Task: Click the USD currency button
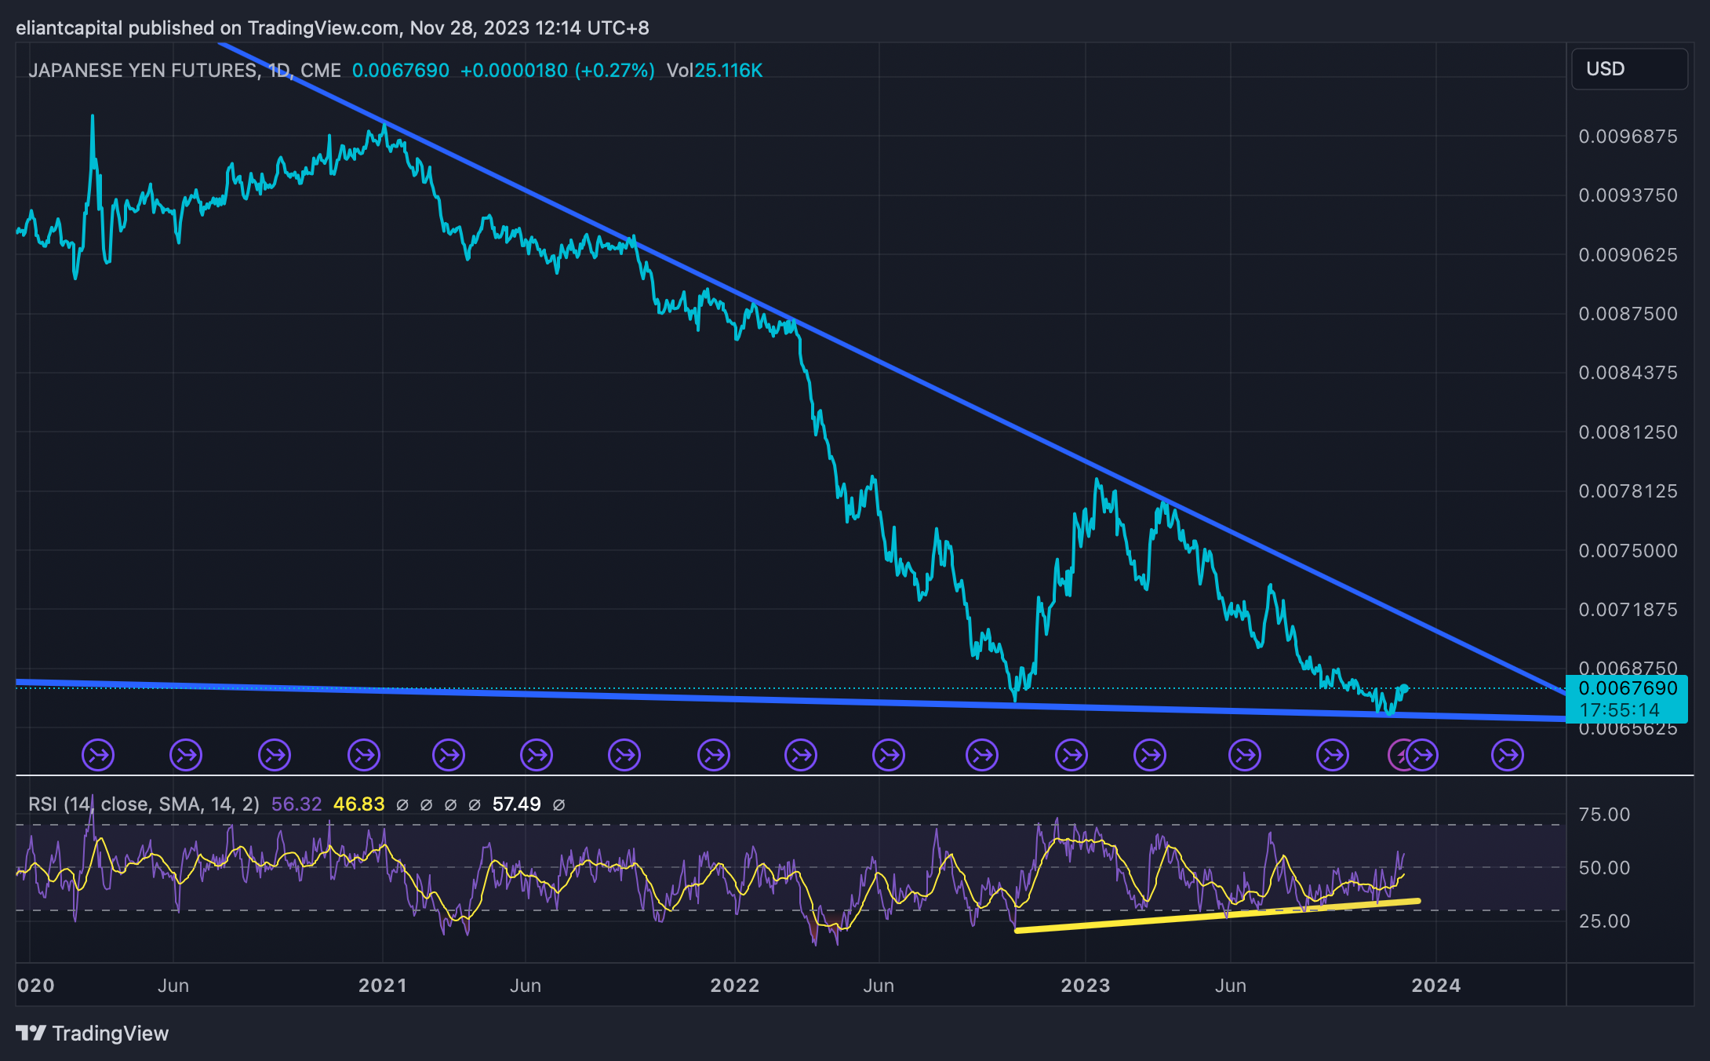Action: click(x=1628, y=69)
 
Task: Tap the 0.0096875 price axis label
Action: click(x=1628, y=137)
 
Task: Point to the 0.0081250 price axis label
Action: click(x=1628, y=432)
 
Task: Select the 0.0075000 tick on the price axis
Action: click(x=1628, y=551)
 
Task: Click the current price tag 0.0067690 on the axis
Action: click(x=1628, y=689)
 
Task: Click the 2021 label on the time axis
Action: click(x=383, y=986)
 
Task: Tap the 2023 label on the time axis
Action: click(x=1086, y=986)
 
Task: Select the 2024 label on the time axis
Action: click(x=1436, y=986)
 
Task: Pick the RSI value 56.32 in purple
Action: click(x=297, y=804)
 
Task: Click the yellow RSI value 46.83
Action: click(x=359, y=804)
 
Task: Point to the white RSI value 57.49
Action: click(x=517, y=804)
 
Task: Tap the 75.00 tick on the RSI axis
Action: click(x=1604, y=815)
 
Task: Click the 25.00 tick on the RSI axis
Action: click(x=1604, y=921)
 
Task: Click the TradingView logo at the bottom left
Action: click(x=93, y=1034)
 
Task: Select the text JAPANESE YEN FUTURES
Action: click(x=143, y=71)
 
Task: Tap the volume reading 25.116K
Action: click(x=729, y=71)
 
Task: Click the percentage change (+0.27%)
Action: click(x=615, y=71)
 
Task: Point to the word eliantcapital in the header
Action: click(x=69, y=28)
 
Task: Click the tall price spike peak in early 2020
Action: click(x=93, y=116)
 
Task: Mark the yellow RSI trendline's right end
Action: click(x=1418, y=901)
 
